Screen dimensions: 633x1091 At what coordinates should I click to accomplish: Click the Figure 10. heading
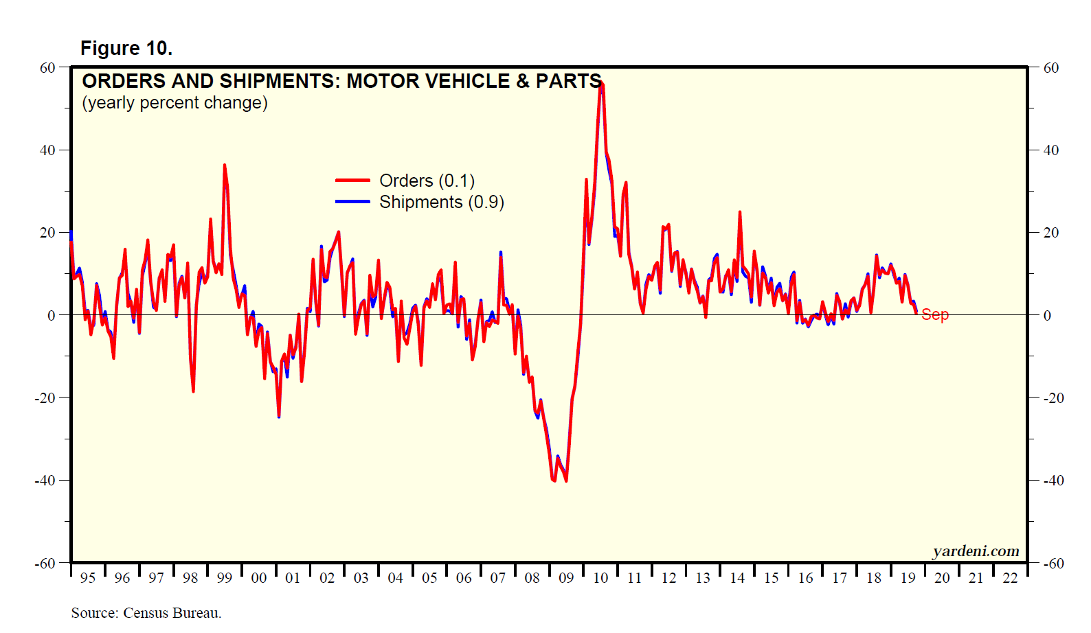[126, 48]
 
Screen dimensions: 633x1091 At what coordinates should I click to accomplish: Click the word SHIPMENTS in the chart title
[280, 81]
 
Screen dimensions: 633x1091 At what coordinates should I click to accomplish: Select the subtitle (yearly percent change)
[175, 103]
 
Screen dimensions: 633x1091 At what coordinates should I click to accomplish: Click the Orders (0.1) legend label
[427, 181]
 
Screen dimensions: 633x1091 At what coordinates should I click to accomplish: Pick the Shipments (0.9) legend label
[441, 203]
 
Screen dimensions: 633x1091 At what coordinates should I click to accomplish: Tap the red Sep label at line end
[934, 314]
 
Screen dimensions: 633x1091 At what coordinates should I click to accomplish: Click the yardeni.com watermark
[976, 551]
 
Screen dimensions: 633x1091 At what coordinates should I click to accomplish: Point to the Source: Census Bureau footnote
[146, 613]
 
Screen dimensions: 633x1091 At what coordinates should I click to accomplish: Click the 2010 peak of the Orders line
[601, 83]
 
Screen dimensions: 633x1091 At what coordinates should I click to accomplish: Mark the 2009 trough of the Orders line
[566, 481]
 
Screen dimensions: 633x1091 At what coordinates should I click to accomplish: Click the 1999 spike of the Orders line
[224, 165]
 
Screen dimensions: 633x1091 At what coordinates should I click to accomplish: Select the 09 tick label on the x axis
[566, 578]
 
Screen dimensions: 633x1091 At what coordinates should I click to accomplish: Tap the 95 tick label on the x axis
[88, 578]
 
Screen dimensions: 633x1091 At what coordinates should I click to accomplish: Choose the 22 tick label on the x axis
[1010, 578]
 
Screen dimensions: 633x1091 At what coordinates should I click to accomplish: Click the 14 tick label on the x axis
[737, 578]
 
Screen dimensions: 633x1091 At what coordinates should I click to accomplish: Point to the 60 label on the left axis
[47, 68]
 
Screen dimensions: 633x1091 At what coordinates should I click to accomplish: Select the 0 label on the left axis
[52, 316]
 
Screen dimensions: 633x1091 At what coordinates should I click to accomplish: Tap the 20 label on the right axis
[1051, 233]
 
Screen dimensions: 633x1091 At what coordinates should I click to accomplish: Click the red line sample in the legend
[352, 181]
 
